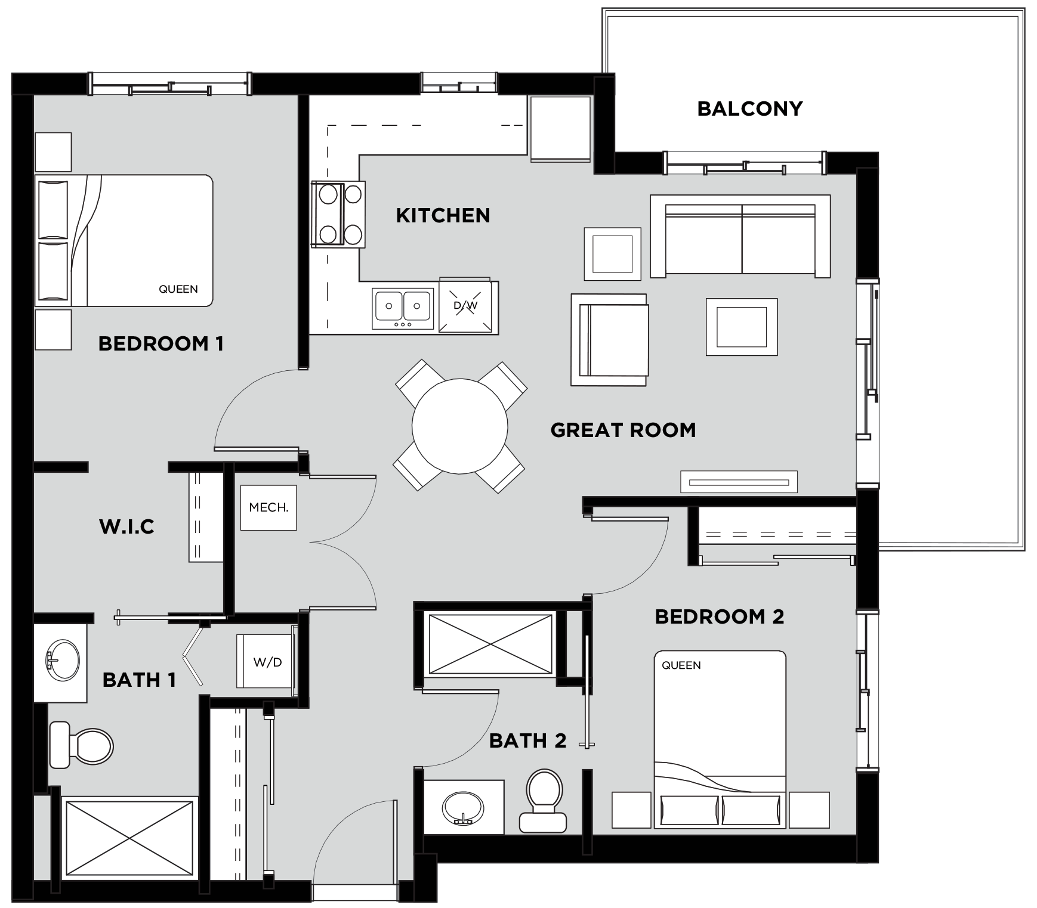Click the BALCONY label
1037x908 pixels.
click(749, 109)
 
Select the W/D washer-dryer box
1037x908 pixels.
click(266, 661)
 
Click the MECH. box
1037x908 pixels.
click(268, 508)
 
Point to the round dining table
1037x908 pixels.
click(459, 426)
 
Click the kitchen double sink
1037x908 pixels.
click(403, 308)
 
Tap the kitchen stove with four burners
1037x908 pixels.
click(337, 214)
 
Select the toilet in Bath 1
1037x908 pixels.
click(81, 745)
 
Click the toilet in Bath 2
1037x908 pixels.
click(544, 800)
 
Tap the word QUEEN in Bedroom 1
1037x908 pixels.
click(178, 289)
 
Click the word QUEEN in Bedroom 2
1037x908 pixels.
click(681, 665)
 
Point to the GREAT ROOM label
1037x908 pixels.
click(623, 430)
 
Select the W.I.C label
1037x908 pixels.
click(126, 526)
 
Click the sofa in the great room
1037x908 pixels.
click(740, 236)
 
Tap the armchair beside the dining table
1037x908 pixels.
click(609, 340)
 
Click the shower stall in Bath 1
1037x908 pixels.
click(129, 838)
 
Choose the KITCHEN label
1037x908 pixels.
click(443, 215)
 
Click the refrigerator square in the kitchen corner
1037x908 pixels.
click(560, 128)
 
